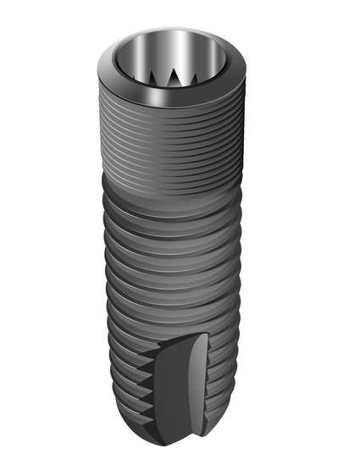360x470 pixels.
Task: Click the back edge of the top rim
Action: tap(178, 24)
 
